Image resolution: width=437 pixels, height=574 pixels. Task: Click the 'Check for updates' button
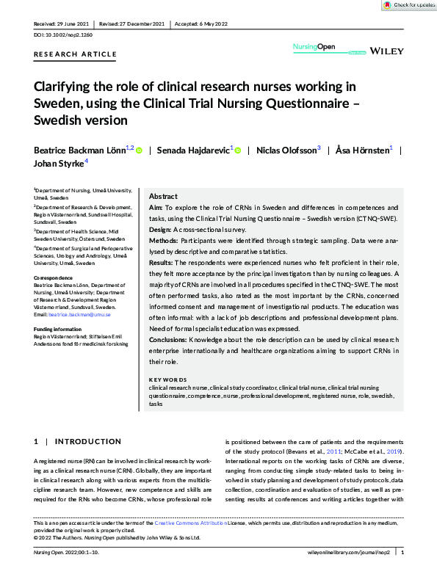click(x=409, y=5)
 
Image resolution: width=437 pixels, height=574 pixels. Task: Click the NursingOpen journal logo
click(x=315, y=48)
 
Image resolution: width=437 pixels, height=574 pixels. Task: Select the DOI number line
click(x=63, y=34)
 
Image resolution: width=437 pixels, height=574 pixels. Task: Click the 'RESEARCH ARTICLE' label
click(x=76, y=54)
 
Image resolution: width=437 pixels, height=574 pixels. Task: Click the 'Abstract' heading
click(x=162, y=197)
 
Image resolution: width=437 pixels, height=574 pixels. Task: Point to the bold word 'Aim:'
click(x=156, y=208)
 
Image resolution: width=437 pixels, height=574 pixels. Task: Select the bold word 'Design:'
click(x=161, y=229)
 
